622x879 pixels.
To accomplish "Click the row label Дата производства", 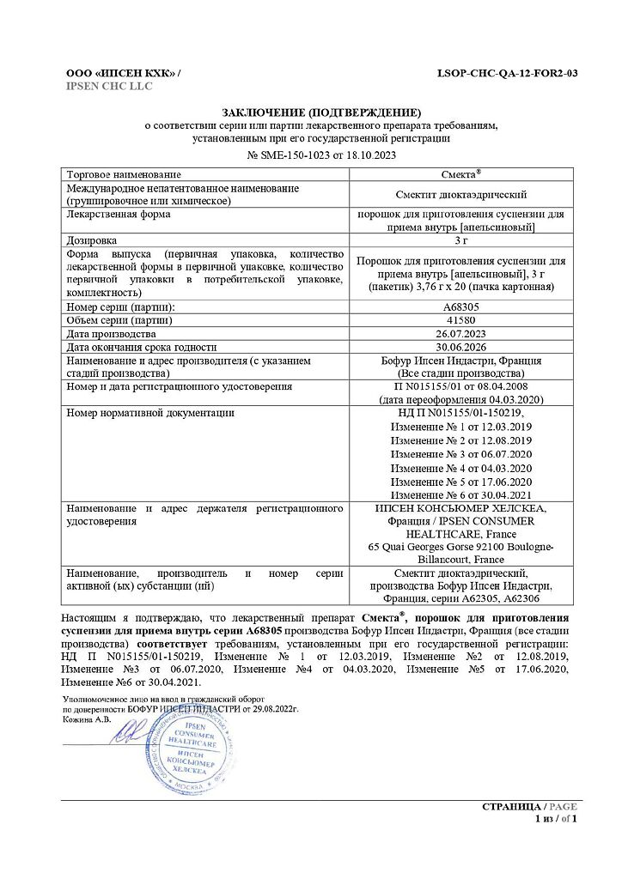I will (x=111, y=334).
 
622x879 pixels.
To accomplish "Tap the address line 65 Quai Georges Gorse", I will (x=460, y=547).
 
